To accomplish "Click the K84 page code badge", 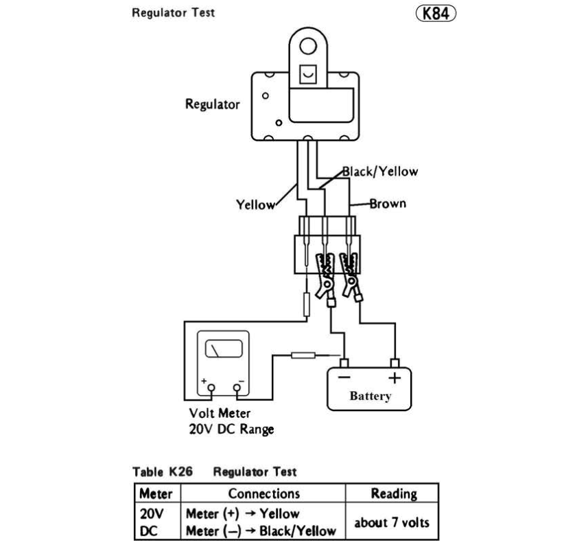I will click(x=436, y=13).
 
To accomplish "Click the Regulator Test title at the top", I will click(x=173, y=13).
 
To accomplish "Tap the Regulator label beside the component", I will click(x=213, y=105).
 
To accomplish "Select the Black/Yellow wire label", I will click(x=379, y=171).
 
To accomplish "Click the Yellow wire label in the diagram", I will click(x=255, y=205).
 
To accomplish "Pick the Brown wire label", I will click(x=388, y=203).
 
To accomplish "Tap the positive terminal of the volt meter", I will click(x=211, y=389).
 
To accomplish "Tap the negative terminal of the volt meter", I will click(x=238, y=389).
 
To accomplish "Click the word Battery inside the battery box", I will click(x=371, y=396).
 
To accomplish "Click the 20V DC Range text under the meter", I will click(x=231, y=430).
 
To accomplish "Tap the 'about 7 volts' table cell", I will click(x=392, y=522).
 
